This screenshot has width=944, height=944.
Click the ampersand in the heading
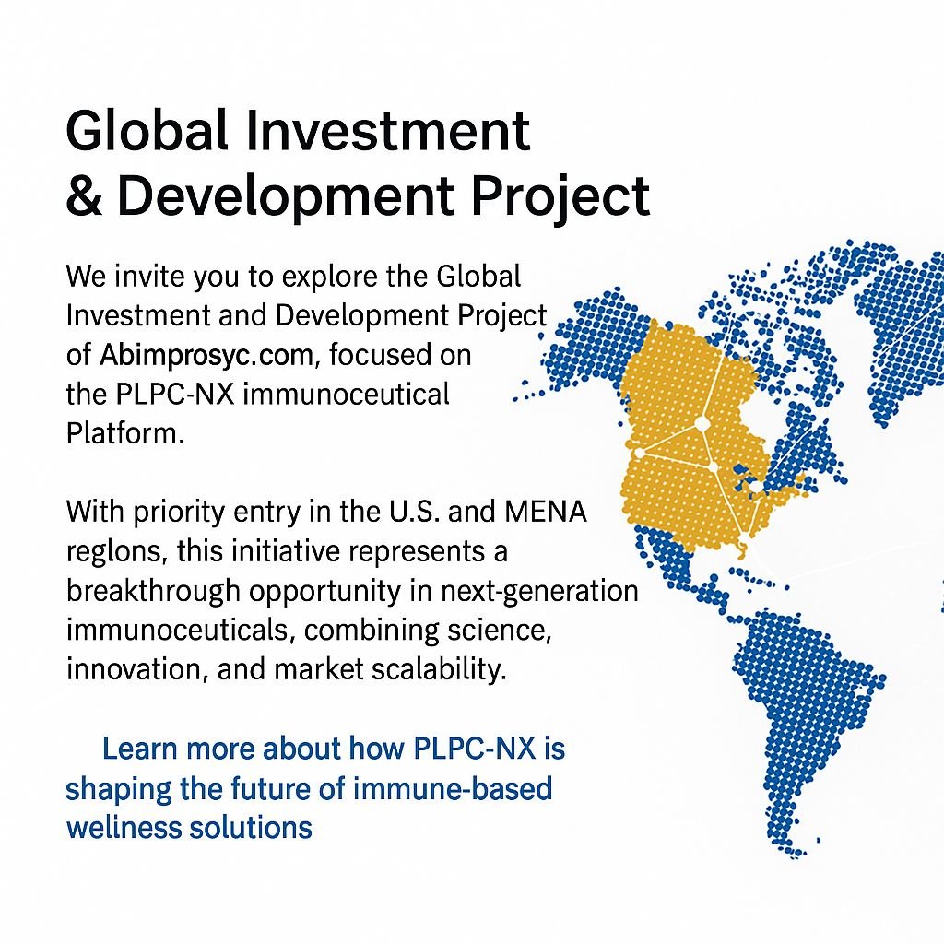pyautogui.click(x=84, y=195)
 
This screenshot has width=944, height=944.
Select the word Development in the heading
pyautogui.click(x=286, y=197)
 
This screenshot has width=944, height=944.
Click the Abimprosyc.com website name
pyautogui.click(x=206, y=355)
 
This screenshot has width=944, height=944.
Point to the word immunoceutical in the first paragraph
pyautogui.click(x=347, y=395)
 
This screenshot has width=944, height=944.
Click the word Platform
pyautogui.click(x=125, y=433)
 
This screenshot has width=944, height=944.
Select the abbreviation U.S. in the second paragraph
pyautogui.click(x=414, y=511)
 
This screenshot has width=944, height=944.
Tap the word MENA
pyautogui.click(x=546, y=511)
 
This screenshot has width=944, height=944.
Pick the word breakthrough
pyautogui.click(x=154, y=591)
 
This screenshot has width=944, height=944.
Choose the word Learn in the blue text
pyautogui.click(x=140, y=749)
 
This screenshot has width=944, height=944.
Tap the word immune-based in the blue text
pyautogui.click(x=452, y=788)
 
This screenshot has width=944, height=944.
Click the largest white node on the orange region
pyautogui.click(x=701, y=424)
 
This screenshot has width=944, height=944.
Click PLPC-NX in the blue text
pyautogui.click(x=475, y=749)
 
